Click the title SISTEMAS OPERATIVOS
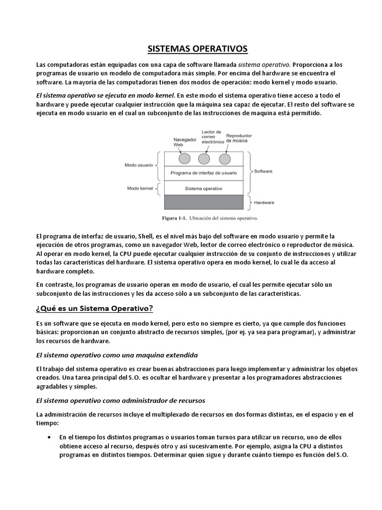pyautogui.click(x=191, y=49)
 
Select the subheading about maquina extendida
pyautogui.click(x=117, y=355)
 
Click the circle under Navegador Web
pyautogui.click(x=184, y=158)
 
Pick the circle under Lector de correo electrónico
pyautogui.click(x=204, y=158)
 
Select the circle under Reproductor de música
pyautogui.click(x=225, y=158)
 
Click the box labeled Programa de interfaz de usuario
pyautogui.click(x=203, y=173)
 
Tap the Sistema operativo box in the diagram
pyautogui.click(x=203, y=189)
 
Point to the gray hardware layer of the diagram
pyautogui.click(x=204, y=202)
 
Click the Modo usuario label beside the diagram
pyautogui.click(x=139, y=165)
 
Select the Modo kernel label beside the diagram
pyautogui.click(x=140, y=188)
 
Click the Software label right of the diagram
pyautogui.click(x=263, y=171)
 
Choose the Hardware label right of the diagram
pyautogui.click(x=264, y=203)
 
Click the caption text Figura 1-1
pyautogui.click(x=174, y=218)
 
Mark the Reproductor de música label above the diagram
pyautogui.click(x=239, y=138)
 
